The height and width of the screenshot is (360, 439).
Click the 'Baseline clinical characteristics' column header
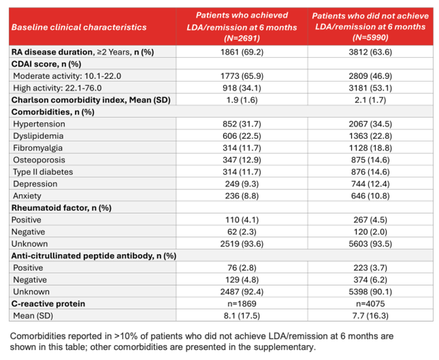coord(79,27)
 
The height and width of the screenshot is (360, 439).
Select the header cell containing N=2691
coord(242,26)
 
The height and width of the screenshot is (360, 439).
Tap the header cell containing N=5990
coord(370,26)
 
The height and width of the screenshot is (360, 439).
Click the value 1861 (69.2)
coord(242,52)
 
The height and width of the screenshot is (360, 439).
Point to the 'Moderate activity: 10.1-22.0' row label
coord(67,76)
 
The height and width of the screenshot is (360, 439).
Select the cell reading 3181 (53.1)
coord(370,88)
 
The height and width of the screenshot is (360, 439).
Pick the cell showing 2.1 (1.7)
coord(370,100)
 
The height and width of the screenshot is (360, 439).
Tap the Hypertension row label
coord(39,124)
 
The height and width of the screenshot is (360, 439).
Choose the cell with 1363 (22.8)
coord(370,136)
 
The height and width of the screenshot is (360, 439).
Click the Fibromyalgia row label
coord(38,148)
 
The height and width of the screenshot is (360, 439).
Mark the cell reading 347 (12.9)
coord(242,160)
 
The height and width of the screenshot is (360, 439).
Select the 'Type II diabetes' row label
coord(43,172)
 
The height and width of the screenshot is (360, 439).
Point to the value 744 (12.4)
coord(370,184)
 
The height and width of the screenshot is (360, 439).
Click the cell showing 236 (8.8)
coord(242,196)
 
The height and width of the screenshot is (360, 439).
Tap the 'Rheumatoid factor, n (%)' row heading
coord(61,208)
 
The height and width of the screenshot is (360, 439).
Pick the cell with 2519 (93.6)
coord(242,244)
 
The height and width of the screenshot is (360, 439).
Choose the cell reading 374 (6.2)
coord(370,280)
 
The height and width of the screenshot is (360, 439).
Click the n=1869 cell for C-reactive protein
coord(242,304)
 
